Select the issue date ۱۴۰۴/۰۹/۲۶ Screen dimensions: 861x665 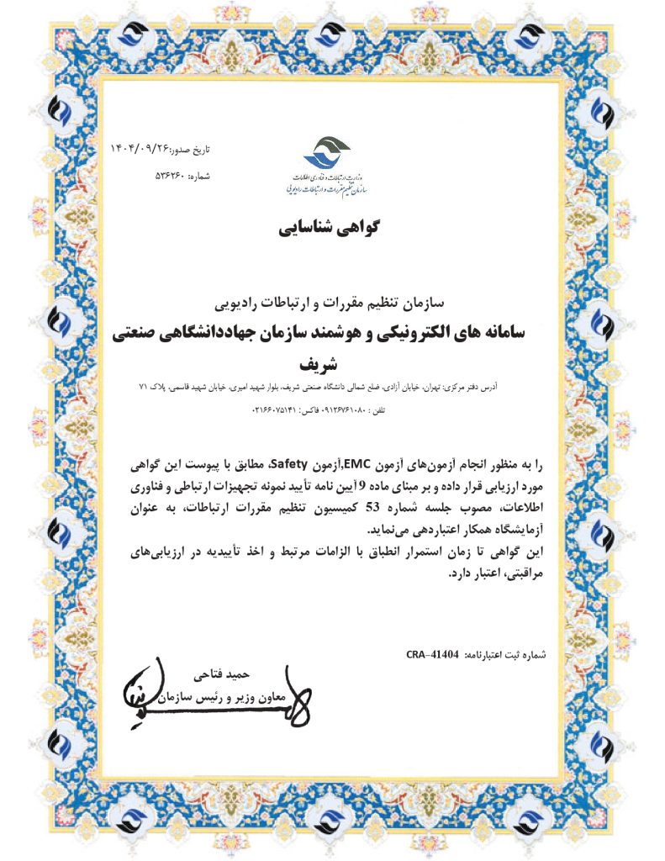140,149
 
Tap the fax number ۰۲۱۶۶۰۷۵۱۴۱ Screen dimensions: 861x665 277,409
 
